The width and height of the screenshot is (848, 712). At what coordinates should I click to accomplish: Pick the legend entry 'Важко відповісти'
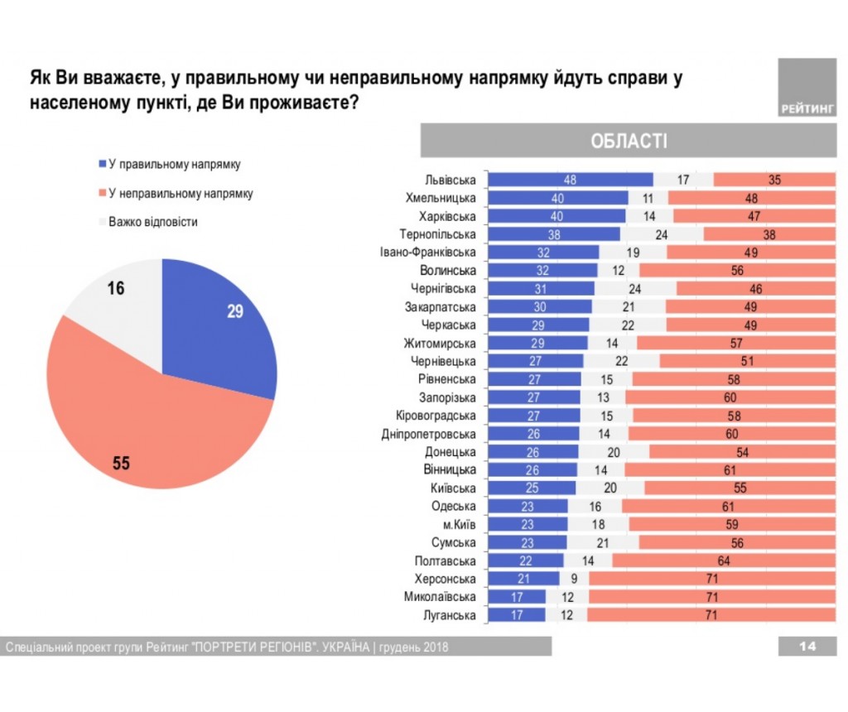coord(153,223)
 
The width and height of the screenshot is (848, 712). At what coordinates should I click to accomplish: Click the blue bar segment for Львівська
coord(571,180)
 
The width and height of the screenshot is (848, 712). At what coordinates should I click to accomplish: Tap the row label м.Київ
coord(458,525)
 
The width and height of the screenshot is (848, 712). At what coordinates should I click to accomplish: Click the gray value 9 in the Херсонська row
coord(573,579)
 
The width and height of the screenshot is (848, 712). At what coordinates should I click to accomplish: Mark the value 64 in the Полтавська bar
coord(724,561)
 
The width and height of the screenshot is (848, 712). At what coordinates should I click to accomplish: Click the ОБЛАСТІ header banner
coord(629,141)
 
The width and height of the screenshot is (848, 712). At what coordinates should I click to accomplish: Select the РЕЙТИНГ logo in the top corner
coord(807,87)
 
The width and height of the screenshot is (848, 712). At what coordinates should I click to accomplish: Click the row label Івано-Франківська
coord(428,253)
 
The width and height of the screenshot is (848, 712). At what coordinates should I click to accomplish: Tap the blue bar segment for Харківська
coord(556,216)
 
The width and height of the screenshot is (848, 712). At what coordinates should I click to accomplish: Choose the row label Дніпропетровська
coord(429,434)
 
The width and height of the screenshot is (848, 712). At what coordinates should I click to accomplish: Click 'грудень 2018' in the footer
coord(414,647)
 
